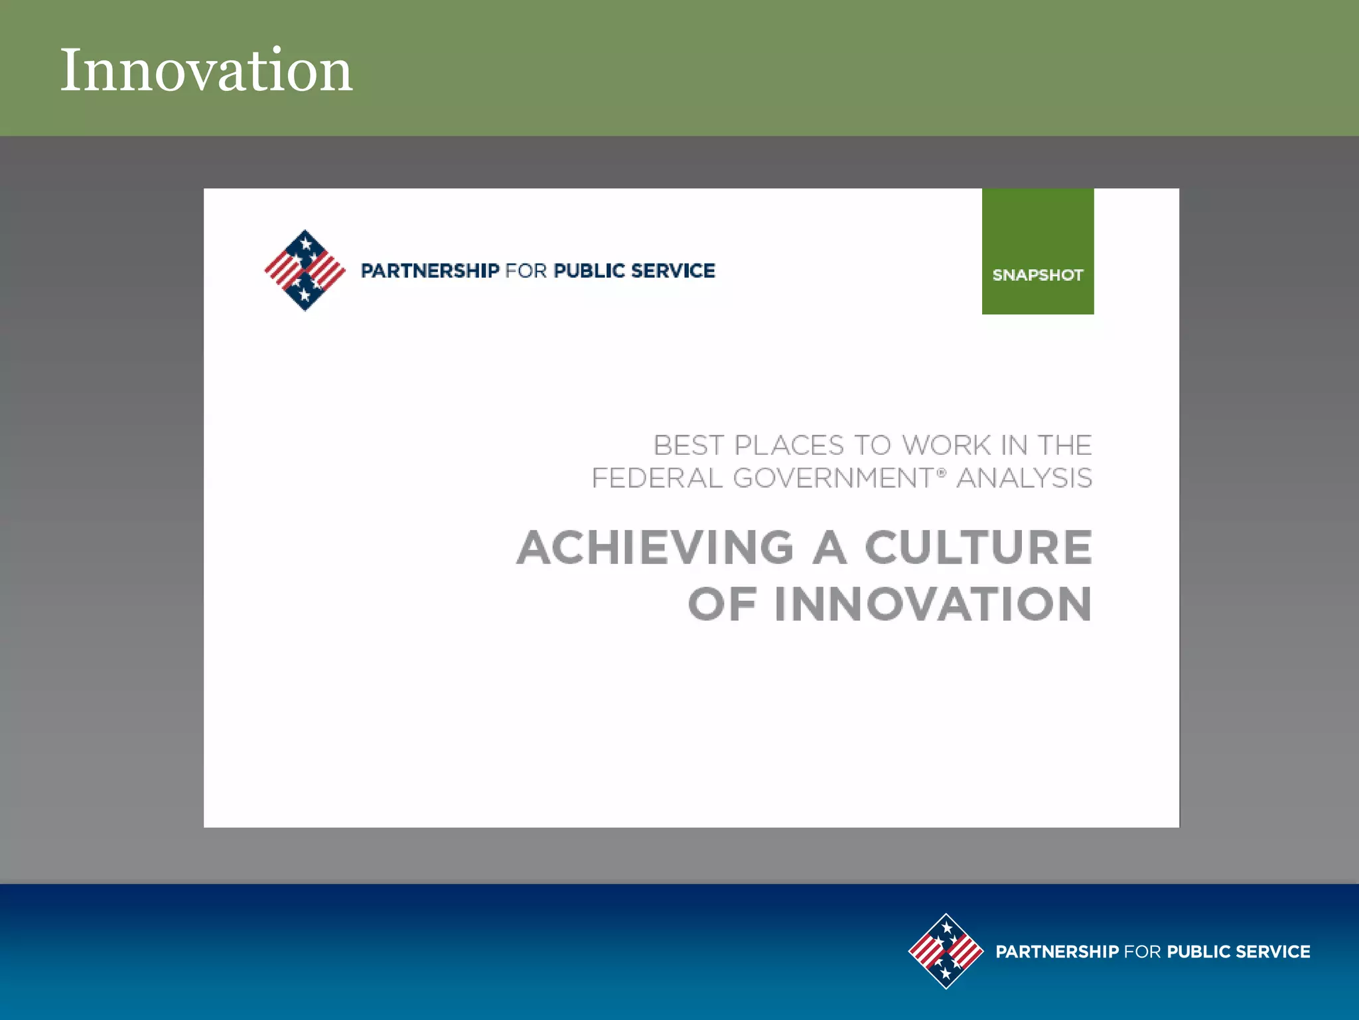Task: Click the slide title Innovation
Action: (206, 70)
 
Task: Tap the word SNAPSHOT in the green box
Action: (1037, 275)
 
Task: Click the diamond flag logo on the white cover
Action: (305, 270)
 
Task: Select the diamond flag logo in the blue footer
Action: (946, 951)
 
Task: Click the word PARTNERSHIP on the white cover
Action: (429, 271)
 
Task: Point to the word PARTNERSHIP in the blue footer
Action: (1056, 952)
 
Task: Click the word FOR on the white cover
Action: (526, 271)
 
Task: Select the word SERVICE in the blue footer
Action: (1273, 952)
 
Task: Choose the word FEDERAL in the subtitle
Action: (656, 478)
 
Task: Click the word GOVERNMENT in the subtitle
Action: (833, 478)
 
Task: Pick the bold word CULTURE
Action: (978, 548)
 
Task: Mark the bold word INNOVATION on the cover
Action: (932, 604)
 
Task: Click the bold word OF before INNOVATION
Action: (721, 604)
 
